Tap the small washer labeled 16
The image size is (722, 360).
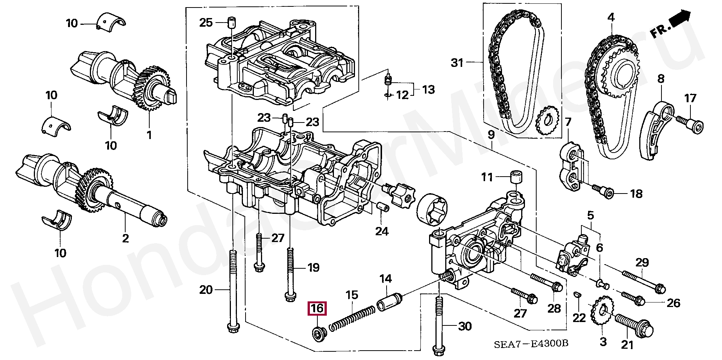point(319,333)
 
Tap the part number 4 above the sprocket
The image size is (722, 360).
point(611,17)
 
